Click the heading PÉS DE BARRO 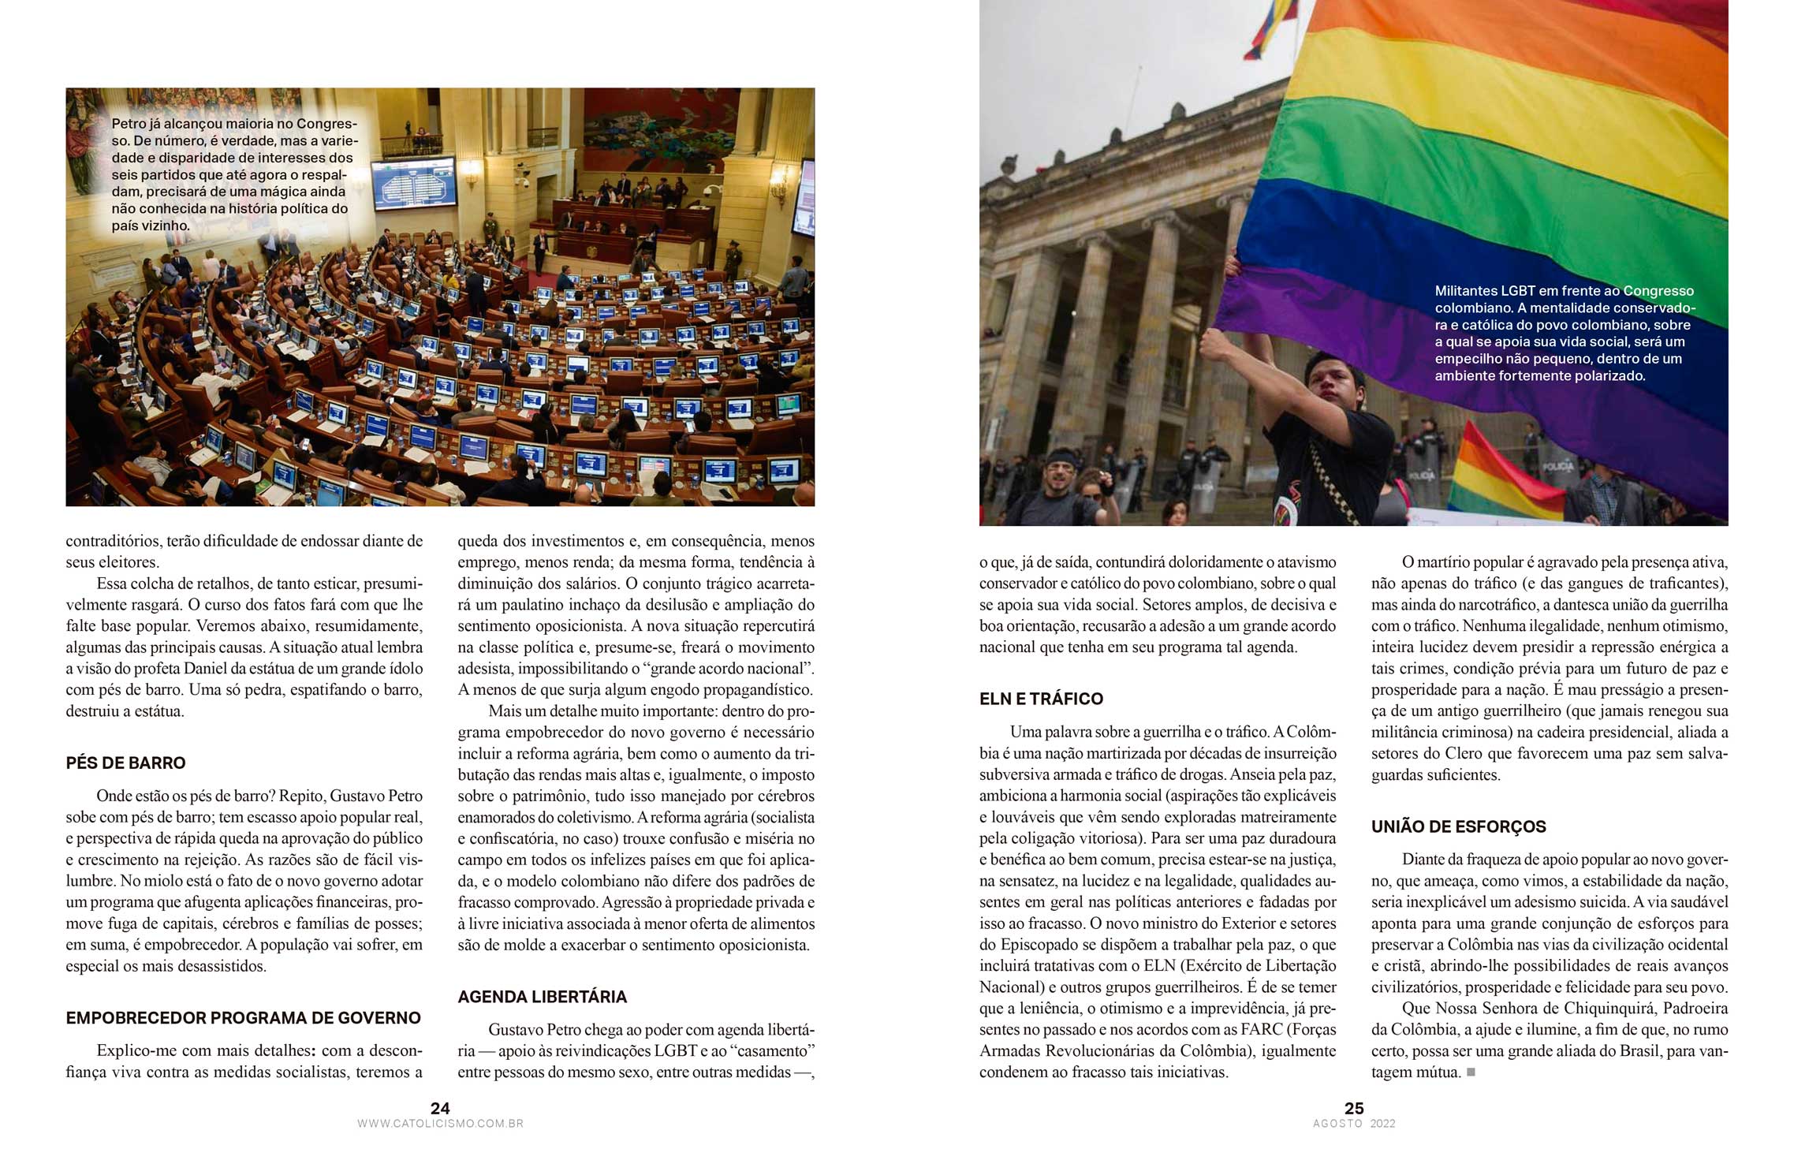pos(125,763)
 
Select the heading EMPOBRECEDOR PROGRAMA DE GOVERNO pos(243,1018)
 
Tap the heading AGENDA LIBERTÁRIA pos(542,997)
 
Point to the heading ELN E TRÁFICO pos(1041,699)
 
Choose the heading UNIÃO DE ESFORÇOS pos(1458,827)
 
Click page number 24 pos(440,1108)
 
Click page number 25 pos(1354,1108)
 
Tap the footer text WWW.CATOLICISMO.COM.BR pos(440,1124)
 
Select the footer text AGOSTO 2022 pos(1354,1124)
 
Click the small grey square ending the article pos(1471,1072)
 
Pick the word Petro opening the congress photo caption pos(128,124)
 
